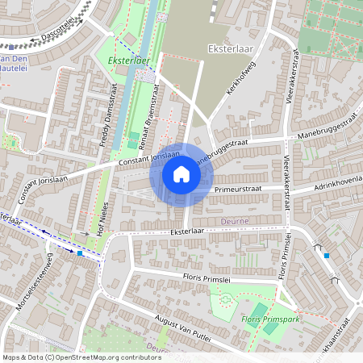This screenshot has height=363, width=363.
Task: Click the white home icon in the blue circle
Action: [x=181, y=174]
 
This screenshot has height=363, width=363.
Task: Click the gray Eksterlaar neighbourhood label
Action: [x=231, y=48]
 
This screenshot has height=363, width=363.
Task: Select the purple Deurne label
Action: [x=234, y=220]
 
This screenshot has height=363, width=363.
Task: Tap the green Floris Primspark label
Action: [x=271, y=319]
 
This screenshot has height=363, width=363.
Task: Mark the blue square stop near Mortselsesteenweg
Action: [x=80, y=253]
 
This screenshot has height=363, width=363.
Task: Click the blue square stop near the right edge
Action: [x=326, y=255]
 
